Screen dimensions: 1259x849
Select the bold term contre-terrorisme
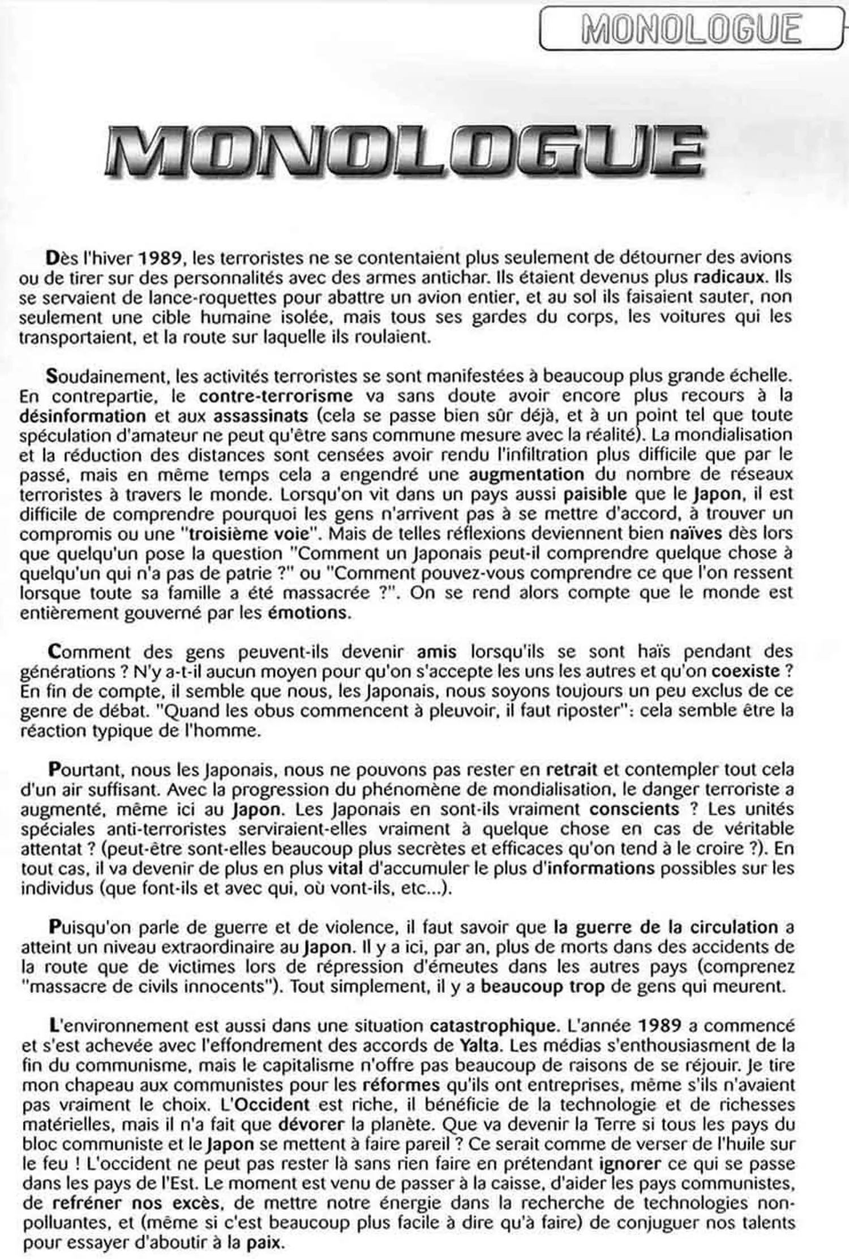pyautogui.click(x=276, y=395)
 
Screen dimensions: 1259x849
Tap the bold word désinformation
pyautogui.click(x=83, y=415)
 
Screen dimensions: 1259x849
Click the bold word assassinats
pyautogui.click(x=261, y=415)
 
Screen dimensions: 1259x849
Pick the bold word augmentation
pyautogui.click(x=526, y=474)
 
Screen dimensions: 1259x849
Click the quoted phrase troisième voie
pyautogui.click(x=253, y=534)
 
